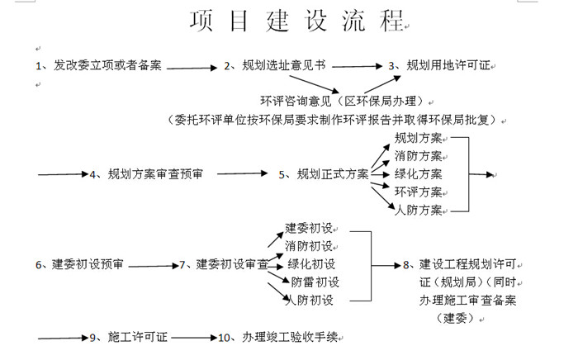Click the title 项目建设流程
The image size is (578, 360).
tap(296, 21)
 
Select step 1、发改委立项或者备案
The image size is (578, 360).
tap(98, 65)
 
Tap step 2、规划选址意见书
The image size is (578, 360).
tap(275, 65)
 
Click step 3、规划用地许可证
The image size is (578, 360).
tap(439, 65)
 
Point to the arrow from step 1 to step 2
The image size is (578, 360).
tap(192, 68)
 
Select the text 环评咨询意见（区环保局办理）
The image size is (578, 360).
tap(343, 101)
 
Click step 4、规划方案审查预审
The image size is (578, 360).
tap(146, 174)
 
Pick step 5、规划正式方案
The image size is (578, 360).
tap(324, 174)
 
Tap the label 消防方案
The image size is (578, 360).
tap(419, 156)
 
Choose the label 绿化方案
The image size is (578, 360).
tap(419, 174)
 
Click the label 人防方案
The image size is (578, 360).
tap(419, 210)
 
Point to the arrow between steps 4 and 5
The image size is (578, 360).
tap(242, 173)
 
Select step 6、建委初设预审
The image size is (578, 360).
tap(79, 264)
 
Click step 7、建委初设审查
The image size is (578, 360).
tap(224, 264)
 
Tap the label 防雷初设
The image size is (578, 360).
tap(315, 282)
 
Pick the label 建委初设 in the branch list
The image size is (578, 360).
tap(309, 228)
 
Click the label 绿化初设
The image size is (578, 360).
tap(311, 264)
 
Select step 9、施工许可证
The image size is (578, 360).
tap(129, 337)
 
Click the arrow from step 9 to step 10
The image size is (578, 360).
tap(194, 338)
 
